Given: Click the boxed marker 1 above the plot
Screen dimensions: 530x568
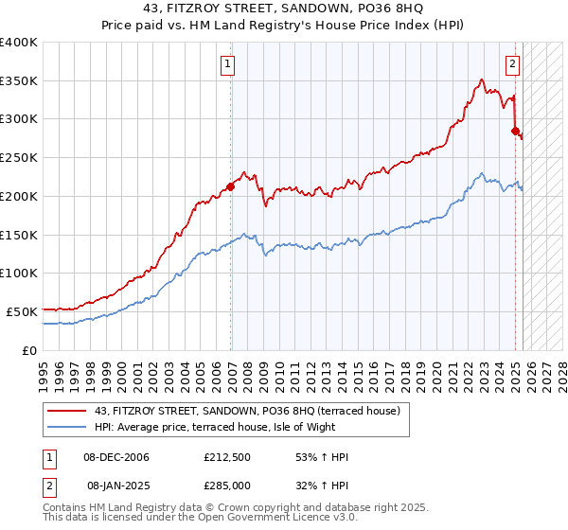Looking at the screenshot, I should [x=229, y=64].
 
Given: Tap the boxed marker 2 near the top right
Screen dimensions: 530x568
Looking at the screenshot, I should [x=512, y=64].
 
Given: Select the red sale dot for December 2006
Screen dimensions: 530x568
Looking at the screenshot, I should [x=230, y=186].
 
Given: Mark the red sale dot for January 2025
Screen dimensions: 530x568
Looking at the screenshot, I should [x=516, y=132].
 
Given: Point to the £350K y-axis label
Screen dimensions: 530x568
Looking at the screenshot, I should [x=19, y=81].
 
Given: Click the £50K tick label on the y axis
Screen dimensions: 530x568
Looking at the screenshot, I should [x=23, y=311].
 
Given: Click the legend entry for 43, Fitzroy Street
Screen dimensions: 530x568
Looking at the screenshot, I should [x=248, y=411].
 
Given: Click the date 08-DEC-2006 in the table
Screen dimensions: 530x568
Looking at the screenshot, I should [x=115, y=457].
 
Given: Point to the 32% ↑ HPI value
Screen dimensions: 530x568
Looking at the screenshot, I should [x=322, y=484].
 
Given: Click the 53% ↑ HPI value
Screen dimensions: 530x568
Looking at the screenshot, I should [x=322, y=457].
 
